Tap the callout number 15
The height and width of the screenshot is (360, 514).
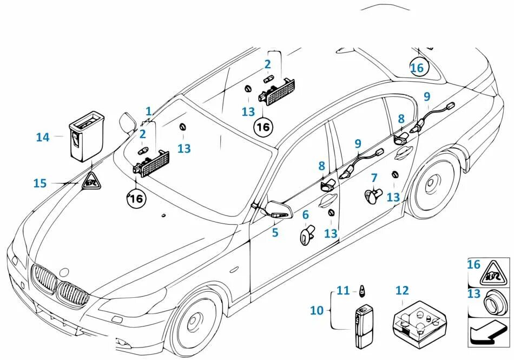point(40,184)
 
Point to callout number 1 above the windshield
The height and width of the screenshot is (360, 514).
point(148,112)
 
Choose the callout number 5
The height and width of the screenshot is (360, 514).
point(275,233)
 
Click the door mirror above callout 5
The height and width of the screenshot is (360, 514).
point(276,209)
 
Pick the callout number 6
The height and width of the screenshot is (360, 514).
point(305,215)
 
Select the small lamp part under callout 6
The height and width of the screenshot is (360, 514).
point(307,235)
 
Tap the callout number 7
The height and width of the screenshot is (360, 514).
point(374,178)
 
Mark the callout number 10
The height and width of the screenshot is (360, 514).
point(317,310)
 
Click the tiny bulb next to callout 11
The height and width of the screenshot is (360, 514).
point(360,291)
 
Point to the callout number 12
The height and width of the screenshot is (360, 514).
point(402,291)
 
